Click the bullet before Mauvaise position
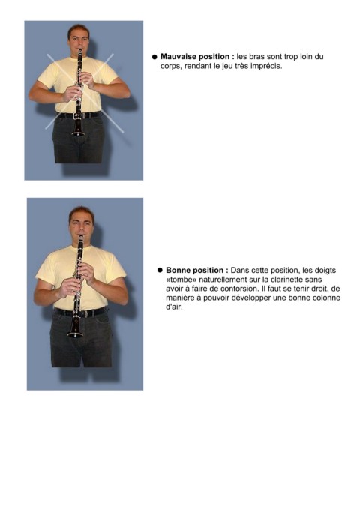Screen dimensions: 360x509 (x=154, y=57)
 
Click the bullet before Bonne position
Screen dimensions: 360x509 (x=160, y=270)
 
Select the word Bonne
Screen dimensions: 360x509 (x=178, y=270)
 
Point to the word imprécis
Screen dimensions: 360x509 (x=268, y=66)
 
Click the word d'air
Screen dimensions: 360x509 (x=174, y=307)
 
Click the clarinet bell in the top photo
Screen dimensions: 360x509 (x=78, y=130)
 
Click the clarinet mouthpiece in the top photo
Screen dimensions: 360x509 (x=79, y=53)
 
